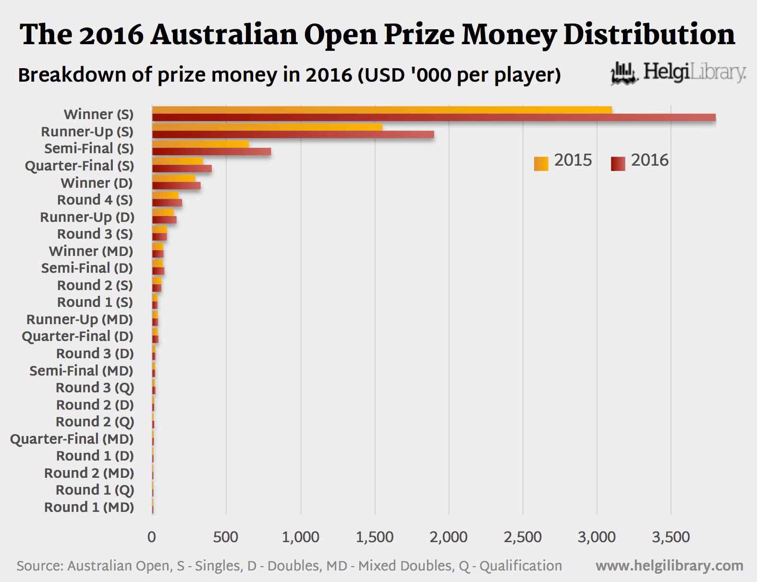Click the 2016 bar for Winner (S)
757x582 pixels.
tap(434, 118)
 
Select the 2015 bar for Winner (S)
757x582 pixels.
tap(382, 110)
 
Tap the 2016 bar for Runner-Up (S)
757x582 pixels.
tap(293, 134)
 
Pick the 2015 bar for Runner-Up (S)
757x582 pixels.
tap(267, 127)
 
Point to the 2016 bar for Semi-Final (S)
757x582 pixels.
tap(211, 152)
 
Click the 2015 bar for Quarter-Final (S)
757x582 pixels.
tap(177, 161)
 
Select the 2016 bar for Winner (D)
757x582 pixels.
tap(176, 186)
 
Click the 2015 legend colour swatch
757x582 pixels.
tap(541, 164)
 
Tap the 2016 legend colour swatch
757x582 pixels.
tap(618, 164)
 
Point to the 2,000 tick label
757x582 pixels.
tap(449, 537)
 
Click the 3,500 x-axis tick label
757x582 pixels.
tap(671, 537)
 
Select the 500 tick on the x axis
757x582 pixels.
tap(226, 537)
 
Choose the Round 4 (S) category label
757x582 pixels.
tap(95, 200)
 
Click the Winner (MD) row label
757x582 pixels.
tap(91, 251)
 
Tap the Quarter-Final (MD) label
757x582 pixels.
tap(72, 439)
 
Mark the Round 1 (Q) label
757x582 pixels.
tap(95, 490)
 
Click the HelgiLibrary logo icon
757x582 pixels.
tap(623, 73)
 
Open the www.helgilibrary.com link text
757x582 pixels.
tap(669, 566)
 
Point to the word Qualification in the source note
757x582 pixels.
tap(521, 566)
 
